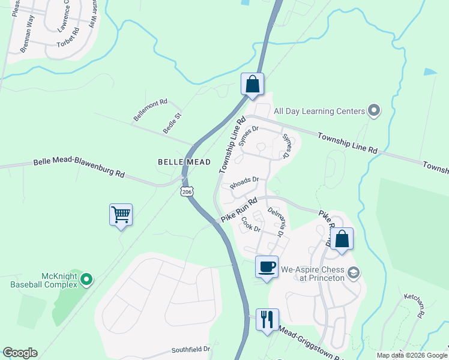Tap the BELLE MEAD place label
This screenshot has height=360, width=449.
click(x=184, y=162)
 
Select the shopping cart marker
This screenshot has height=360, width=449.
click(x=121, y=214)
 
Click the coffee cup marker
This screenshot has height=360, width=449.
click(x=267, y=266)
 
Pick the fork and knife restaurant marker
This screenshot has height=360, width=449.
click(x=267, y=319)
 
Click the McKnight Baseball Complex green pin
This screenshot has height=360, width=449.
click(x=86, y=279)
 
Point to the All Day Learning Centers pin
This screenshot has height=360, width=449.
click(x=374, y=111)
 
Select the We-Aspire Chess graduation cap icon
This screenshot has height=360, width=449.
click(x=354, y=273)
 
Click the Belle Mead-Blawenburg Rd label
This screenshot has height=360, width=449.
click(x=79, y=167)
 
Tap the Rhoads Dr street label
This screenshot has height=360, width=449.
click(x=244, y=181)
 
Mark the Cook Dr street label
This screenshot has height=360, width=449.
click(x=250, y=225)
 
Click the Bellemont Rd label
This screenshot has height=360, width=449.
click(x=150, y=110)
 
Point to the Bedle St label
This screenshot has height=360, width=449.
click(x=172, y=122)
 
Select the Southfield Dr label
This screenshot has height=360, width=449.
click(x=191, y=349)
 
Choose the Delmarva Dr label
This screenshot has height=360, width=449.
click(x=275, y=221)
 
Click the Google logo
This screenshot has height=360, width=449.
click(x=20, y=353)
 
